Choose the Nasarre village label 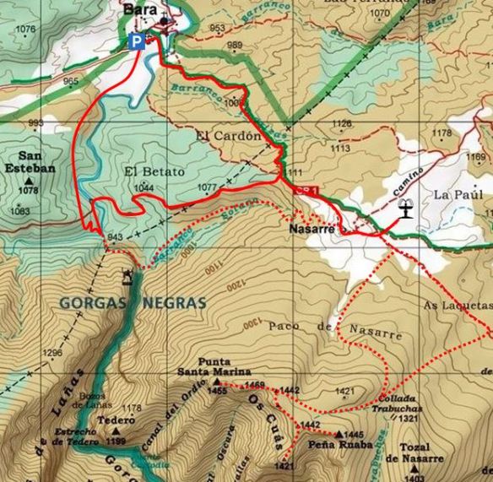point(312,229)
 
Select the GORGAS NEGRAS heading point(133,302)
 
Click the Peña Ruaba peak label point(339,445)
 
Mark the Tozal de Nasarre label point(414,453)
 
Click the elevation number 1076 point(26,30)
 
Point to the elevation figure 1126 point(341,124)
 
